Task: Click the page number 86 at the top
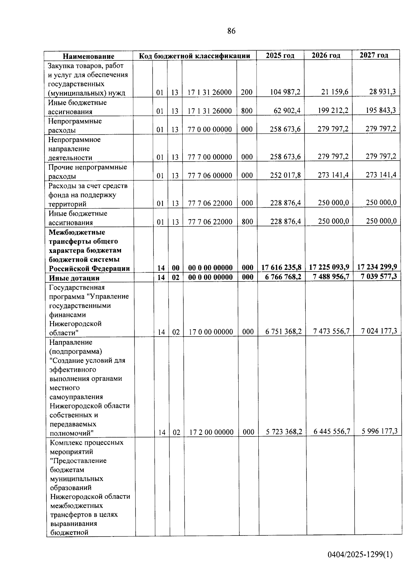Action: pyautogui.click(x=231, y=31)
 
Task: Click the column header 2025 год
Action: pyautogui.click(x=280, y=55)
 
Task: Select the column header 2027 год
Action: pyautogui.click(x=374, y=55)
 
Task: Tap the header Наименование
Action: pyautogui.click(x=89, y=56)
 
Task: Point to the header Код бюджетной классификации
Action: pyautogui.click(x=194, y=56)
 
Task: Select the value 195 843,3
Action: pyautogui.click(x=381, y=110)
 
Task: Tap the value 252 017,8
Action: pyautogui.click(x=285, y=175)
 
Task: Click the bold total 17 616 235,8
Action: pyautogui.click(x=281, y=267)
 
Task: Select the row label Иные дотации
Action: pyautogui.click(x=74, y=278)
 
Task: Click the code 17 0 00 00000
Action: pyautogui.click(x=211, y=332)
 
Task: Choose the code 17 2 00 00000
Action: pyautogui.click(x=211, y=432)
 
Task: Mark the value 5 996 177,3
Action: pyautogui.click(x=379, y=431)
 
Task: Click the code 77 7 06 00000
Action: pyautogui.click(x=210, y=175)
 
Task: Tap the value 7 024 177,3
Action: pyautogui.click(x=379, y=331)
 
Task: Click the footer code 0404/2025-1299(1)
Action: pyautogui.click(x=360, y=554)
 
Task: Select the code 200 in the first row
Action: pyautogui.click(x=247, y=92)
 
